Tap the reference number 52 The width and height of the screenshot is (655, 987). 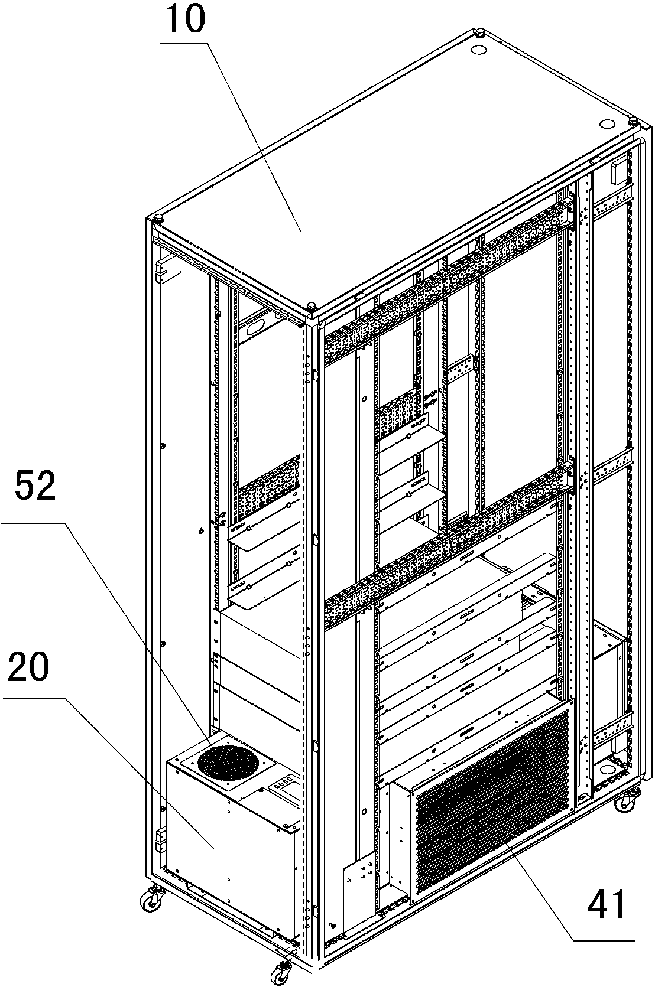coord(35,485)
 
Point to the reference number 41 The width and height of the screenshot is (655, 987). coord(607,903)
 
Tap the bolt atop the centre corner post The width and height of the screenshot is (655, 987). coord(311,306)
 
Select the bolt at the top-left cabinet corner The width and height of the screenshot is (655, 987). coord(156,217)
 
